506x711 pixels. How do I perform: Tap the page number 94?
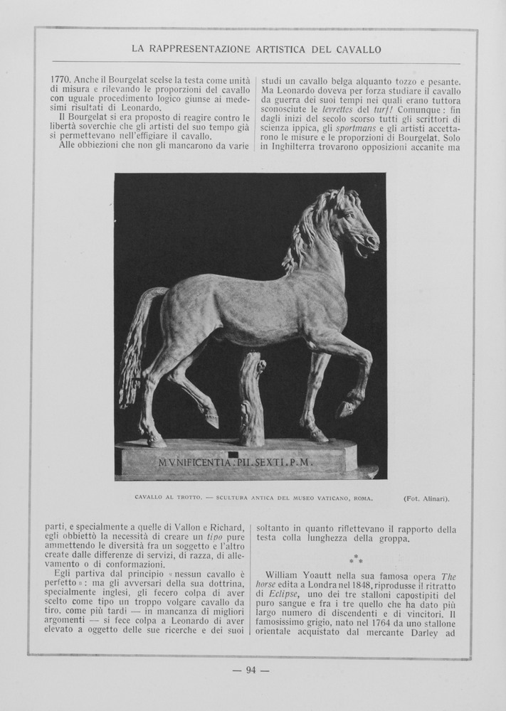[x=251, y=670]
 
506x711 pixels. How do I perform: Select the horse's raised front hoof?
[x=347, y=409]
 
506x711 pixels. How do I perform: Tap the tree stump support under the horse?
[x=251, y=398]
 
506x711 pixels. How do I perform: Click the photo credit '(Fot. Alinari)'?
[x=426, y=498]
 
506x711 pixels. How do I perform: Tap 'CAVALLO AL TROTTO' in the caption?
[x=164, y=498]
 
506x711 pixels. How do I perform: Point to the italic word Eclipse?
[x=283, y=594]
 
